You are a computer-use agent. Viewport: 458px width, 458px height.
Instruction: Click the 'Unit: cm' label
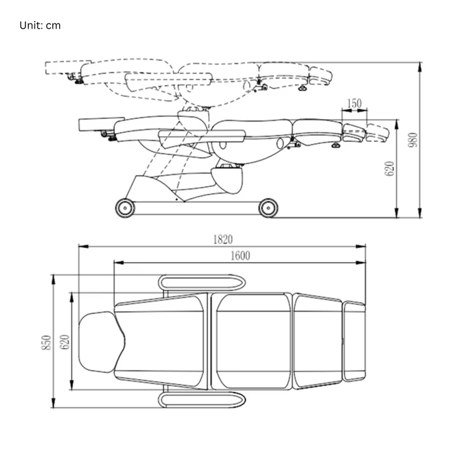pyautogui.click(x=39, y=25)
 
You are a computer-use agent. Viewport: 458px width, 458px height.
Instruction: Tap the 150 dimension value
pyautogui.click(x=355, y=103)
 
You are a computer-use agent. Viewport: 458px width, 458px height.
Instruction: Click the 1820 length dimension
pyautogui.click(x=223, y=239)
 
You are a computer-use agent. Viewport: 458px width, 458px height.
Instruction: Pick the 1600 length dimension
pyautogui.click(x=240, y=255)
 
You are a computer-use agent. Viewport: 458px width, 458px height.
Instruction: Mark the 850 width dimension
pyautogui.click(x=46, y=343)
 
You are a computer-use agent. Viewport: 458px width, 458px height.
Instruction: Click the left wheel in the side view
pyautogui.click(x=125, y=207)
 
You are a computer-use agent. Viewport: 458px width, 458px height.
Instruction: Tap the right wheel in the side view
pyautogui.click(x=268, y=207)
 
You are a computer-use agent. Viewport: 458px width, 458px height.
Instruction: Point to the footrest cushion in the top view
pyautogui.click(x=354, y=342)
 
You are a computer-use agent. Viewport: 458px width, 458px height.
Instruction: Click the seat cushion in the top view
pyautogui.click(x=253, y=342)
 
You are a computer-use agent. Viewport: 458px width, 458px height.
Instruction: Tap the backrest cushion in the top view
pyautogui.click(x=162, y=342)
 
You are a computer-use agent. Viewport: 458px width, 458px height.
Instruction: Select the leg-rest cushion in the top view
pyautogui.click(x=317, y=342)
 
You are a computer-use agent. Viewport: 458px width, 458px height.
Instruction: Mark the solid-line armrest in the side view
pyautogui.click(x=202, y=134)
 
